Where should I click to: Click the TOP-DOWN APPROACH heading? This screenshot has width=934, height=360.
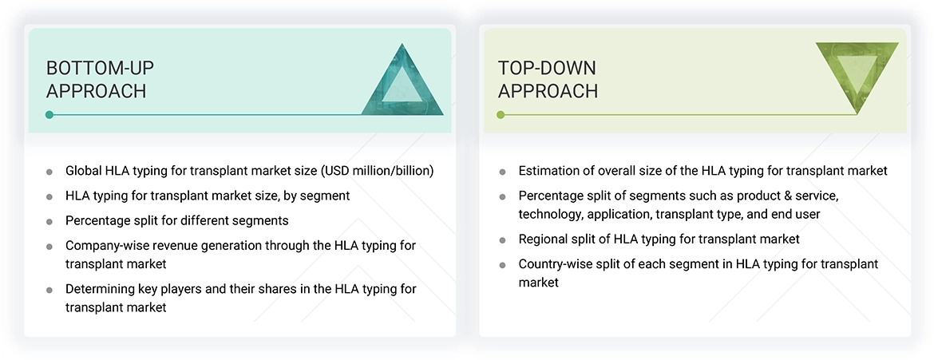(548, 79)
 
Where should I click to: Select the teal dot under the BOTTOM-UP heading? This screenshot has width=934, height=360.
(49, 115)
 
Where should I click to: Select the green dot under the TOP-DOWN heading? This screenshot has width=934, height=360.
(501, 115)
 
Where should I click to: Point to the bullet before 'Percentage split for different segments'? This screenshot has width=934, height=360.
(49, 221)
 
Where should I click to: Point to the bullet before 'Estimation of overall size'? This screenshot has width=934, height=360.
(502, 172)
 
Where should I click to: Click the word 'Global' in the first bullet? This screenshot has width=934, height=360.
(83, 171)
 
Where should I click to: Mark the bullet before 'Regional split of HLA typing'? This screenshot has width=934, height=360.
(502, 240)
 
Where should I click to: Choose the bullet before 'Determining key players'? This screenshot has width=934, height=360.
(49, 290)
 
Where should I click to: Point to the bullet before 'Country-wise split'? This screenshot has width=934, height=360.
(502, 265)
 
